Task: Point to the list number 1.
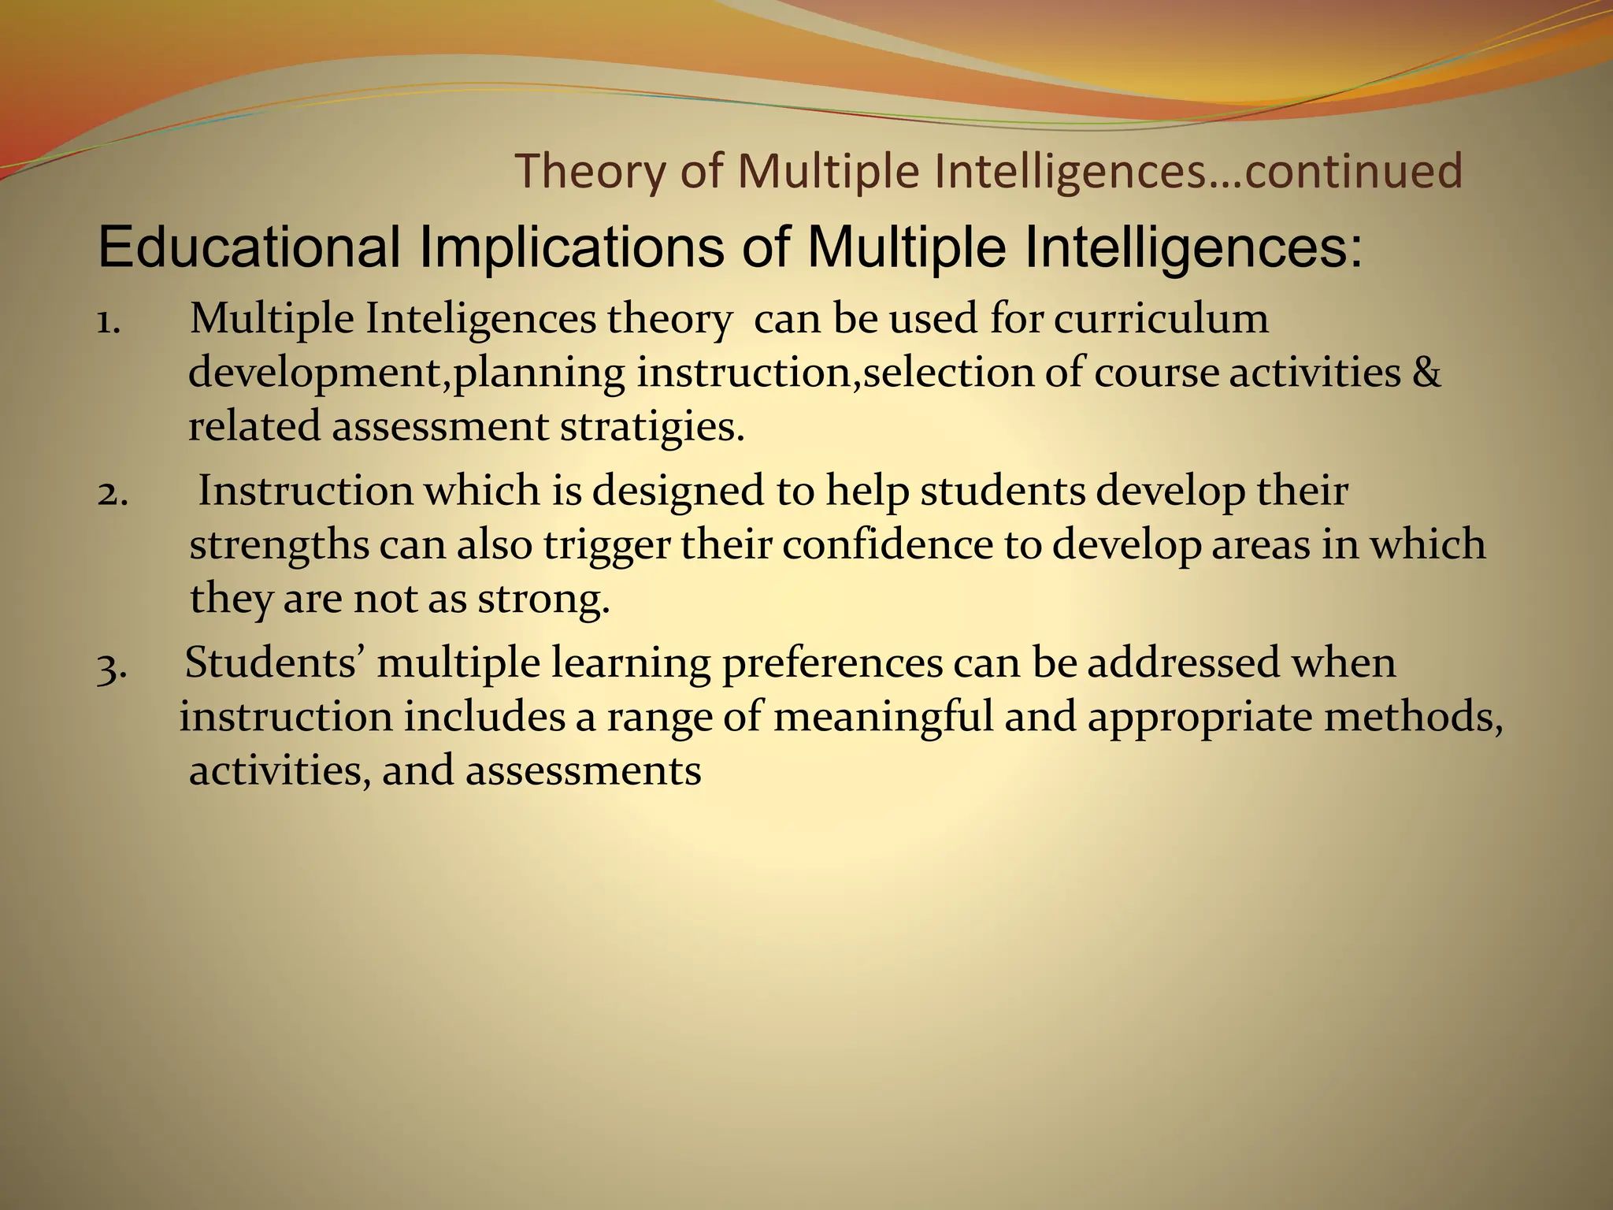pos(108,321)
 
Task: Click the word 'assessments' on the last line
pos(583,770)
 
